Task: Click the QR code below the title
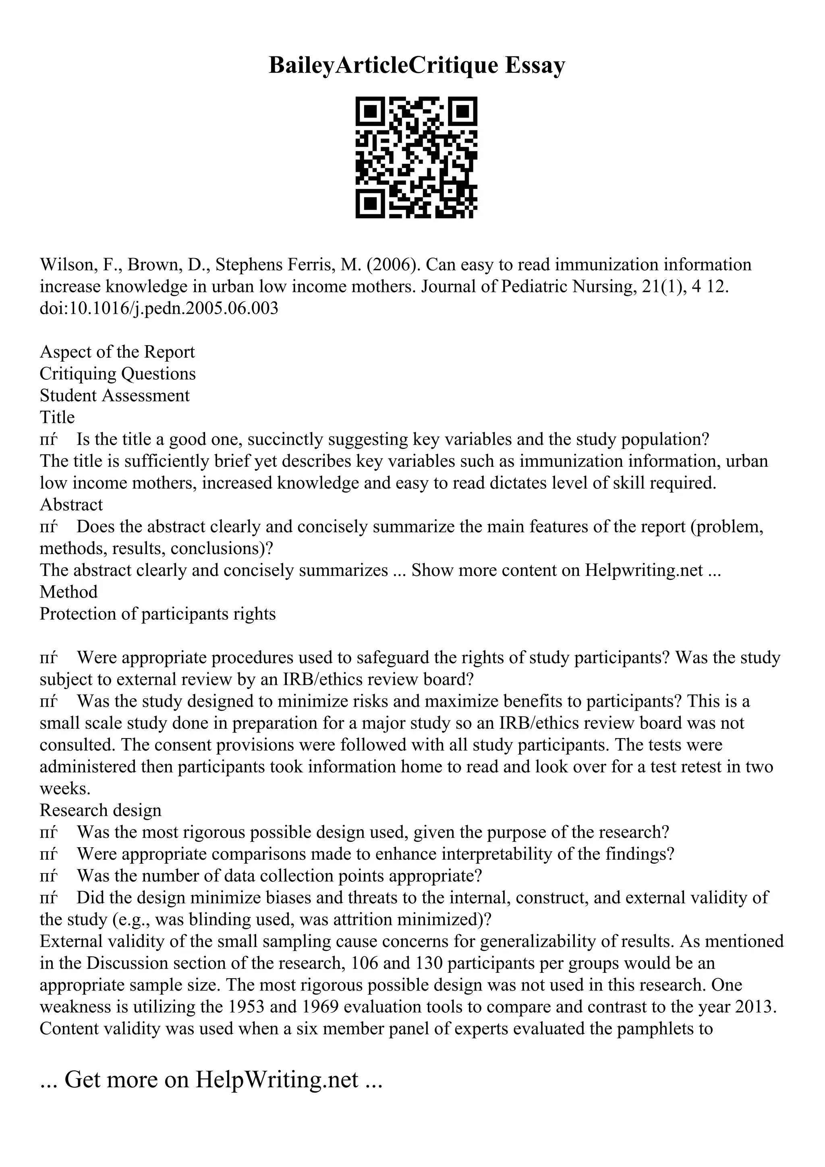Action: [416, 157]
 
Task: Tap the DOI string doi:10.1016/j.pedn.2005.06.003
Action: [159, 308]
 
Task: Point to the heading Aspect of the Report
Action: [117, 352]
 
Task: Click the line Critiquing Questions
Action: [117, 374]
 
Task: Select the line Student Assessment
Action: [114, 395]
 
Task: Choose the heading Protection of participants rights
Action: [158, 614]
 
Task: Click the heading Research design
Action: [100, 810]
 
